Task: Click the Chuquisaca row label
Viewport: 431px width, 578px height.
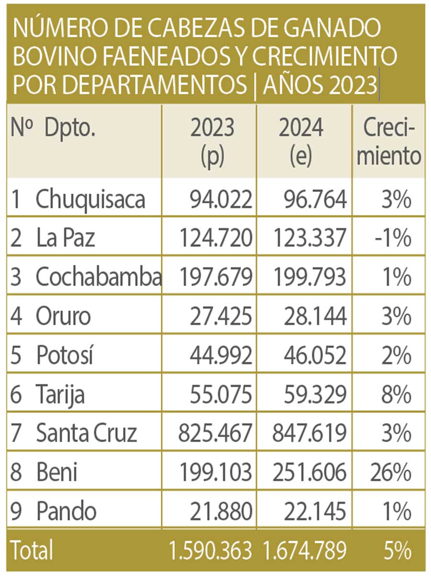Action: click(90, 199)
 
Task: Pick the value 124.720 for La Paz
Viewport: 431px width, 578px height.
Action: click(216, 238)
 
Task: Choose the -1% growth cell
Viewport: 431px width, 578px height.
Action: click(393, 238)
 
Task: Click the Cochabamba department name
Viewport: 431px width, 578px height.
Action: click(98, 277)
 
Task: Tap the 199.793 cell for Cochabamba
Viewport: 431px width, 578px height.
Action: click(310, 277)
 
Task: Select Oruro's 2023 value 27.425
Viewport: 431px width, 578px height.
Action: click(221, 316)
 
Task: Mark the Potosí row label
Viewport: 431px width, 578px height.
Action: click(65, 355)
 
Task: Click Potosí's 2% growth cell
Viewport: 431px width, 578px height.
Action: click(396, 355)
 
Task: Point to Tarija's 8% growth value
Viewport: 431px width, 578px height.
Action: click(396, 394)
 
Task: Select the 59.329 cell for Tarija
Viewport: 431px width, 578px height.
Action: click(315, 394)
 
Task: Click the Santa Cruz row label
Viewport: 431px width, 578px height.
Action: click(87, 433)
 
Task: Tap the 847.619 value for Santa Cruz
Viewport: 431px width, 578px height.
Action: click(309, 433)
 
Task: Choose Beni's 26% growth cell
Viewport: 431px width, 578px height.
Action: click(391, 472)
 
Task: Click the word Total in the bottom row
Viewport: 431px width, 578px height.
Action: click(32, 549)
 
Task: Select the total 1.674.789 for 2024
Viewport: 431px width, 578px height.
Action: click(305, 550)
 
